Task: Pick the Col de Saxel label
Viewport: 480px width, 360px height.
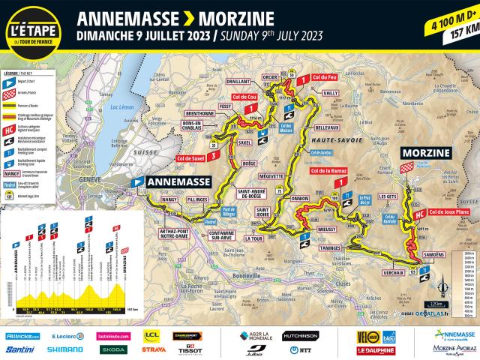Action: [190, 157]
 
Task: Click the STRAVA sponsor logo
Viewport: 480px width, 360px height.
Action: [154, 349]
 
